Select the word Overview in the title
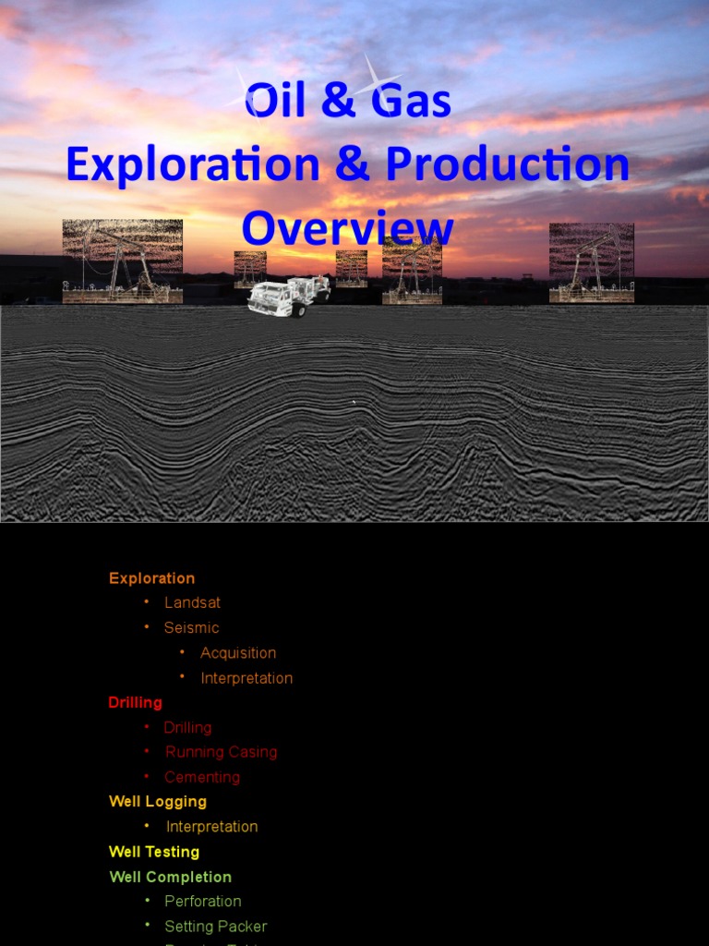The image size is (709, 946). pos(348,228)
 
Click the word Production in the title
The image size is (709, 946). pos(508,164)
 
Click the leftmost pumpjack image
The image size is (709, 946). pos(123,261)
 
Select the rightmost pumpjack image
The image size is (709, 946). pos(591,262)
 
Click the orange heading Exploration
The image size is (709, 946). pos(151,578)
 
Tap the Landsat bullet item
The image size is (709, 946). pos(192,602)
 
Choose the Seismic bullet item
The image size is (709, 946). pos(191,627)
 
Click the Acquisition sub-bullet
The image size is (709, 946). pos(238,652)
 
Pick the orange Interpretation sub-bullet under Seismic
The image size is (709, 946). pos(246,678)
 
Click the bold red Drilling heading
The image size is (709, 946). pos(135,702)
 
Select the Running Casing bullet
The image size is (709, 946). pos(221,752)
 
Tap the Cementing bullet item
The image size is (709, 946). pos(202,777)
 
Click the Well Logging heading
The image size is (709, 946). pos(157,801)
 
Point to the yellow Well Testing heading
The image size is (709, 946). pos(153,852)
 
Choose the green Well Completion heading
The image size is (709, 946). pos(170,877)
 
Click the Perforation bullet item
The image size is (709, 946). pos(202,901)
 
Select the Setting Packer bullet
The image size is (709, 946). pos(215,926)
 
